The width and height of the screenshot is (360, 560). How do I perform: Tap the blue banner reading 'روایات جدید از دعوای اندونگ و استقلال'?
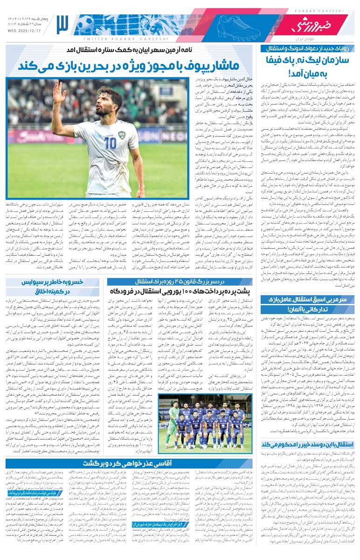[308, 48]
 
